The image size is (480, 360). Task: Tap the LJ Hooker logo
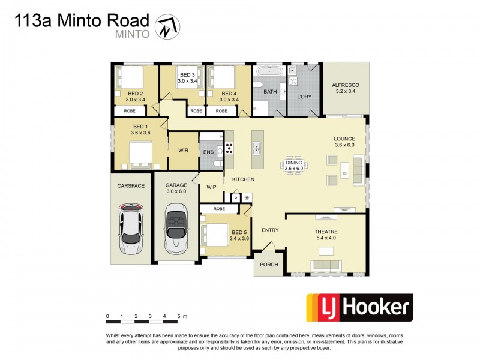coord(359,308)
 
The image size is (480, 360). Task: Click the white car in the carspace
coord(130,228)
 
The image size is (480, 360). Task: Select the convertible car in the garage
coord(176,227)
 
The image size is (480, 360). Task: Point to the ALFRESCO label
coord(344,85)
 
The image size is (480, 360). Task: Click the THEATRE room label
coord(326,232)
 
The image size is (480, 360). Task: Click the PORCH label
coord(267,265)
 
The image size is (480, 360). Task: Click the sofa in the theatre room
coord(326,265)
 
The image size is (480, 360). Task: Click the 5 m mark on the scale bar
coord(178,316)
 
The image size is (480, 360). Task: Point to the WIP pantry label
coord(211,187)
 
